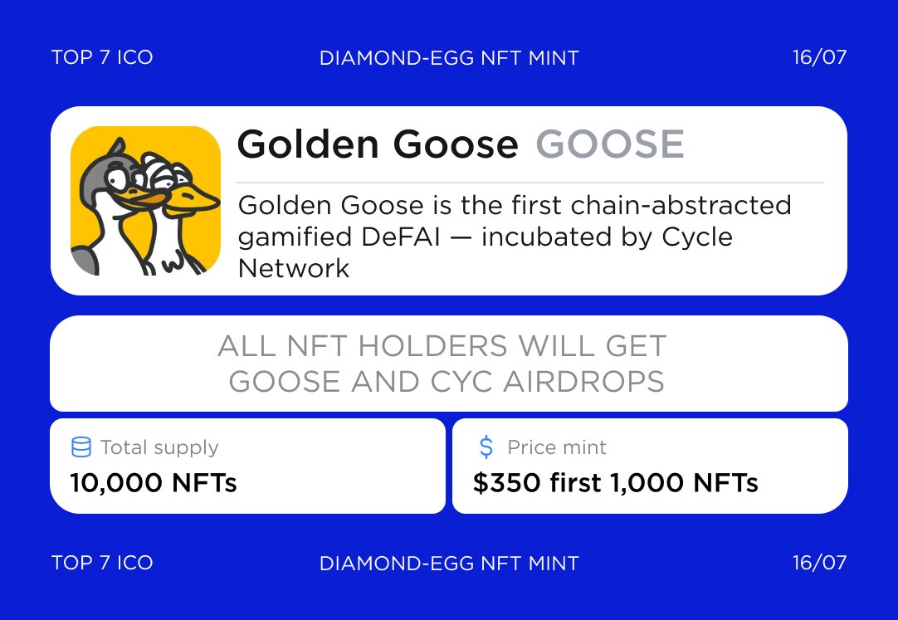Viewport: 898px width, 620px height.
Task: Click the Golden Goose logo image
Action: [145, 200]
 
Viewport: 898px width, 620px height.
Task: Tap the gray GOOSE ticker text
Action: [610, 144]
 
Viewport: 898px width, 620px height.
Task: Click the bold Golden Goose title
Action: [378, 144]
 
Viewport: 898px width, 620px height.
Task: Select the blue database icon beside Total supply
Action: [81, 447]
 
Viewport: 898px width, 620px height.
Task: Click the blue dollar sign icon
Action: [486, 447]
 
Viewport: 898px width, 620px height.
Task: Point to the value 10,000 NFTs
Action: [154, 482]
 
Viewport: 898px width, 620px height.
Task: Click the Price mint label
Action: [557, 447]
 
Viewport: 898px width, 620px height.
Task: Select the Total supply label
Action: [160, 447]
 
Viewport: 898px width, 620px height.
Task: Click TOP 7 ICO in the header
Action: [102, 57]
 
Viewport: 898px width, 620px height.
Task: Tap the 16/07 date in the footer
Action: [819, 563]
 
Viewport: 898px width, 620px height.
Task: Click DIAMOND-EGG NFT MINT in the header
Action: [449, 58]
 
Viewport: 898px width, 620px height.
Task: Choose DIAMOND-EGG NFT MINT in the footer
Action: [449, 564]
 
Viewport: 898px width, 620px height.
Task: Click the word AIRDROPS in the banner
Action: [583, 382]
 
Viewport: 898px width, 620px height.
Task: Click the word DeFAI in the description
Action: [397, 237]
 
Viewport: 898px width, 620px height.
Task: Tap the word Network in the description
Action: [293, 268]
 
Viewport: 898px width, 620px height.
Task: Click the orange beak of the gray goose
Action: [140, 198]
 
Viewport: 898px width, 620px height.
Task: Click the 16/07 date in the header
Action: [819, 57]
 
